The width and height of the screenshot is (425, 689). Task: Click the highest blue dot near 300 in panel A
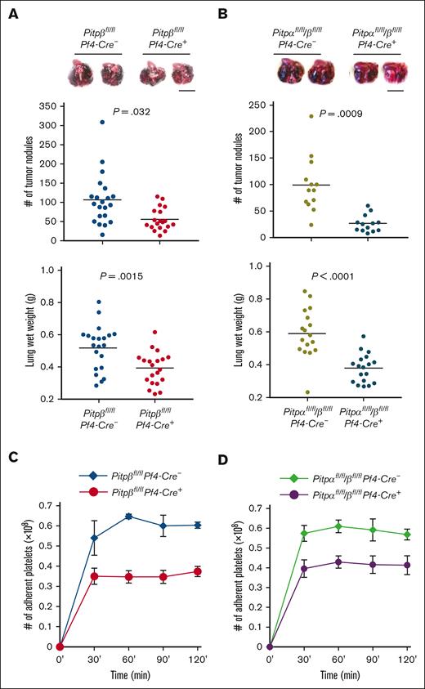pos(102,123)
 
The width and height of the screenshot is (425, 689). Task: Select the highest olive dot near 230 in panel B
pos(311,116)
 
